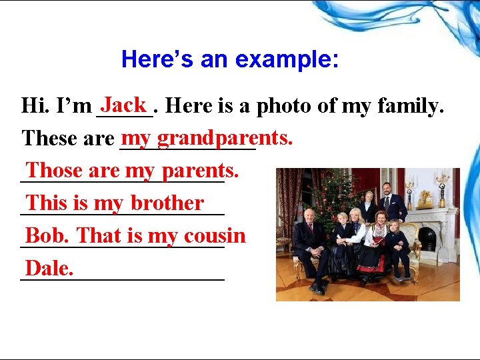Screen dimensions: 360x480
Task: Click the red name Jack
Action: [x=124, y=105]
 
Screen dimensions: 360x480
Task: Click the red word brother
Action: [x=167, y=203]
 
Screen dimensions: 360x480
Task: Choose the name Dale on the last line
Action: [x=48, y=268]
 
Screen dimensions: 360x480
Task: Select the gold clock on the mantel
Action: [x=425, y=197]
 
